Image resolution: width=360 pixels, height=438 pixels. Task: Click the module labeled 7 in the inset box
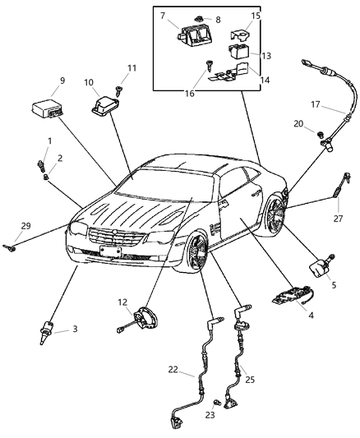pyautogui.click(x=192, y=35)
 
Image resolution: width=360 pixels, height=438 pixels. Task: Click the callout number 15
pyautogui.click(x=255, y=15)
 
